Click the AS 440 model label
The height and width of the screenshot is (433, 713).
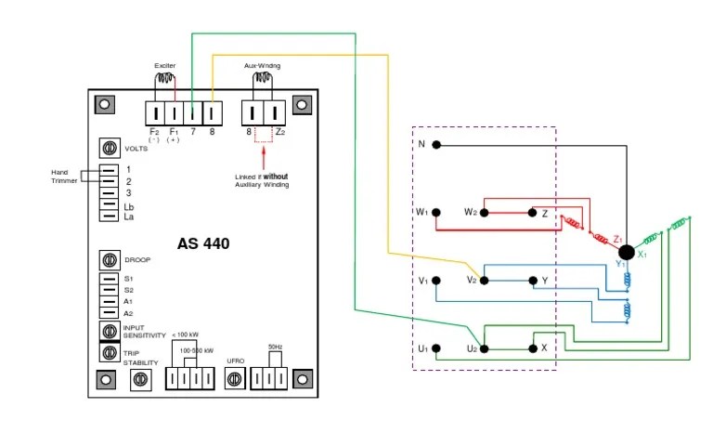click(x=203, y=244)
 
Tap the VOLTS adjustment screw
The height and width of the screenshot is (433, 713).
click(x=108, y=149)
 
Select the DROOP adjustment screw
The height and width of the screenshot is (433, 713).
click(x=108, y=260)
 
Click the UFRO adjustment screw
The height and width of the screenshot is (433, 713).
click(x=235, y=379)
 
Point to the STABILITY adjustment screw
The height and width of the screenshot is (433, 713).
click(x=141, y=379)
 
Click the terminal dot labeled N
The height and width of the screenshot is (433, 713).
click(x=436, y=145)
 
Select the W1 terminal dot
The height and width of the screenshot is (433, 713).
click(x=436, y=213)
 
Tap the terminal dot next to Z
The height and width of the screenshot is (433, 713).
click(x=532, y=213)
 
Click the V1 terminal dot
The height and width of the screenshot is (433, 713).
click(x=436, y=281)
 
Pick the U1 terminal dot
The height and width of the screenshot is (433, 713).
click(x=436, y=349)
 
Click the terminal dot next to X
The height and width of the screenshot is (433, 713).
click(x=532, y=349)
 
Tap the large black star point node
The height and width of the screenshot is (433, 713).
click(x=626, y=252)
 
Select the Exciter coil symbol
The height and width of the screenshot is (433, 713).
click(x=165, y=79)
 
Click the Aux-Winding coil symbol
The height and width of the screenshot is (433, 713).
click(x=261, y=79)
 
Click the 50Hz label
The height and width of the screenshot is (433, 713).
click(x=275, y=347)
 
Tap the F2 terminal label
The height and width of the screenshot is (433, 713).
click(x=154, y=132)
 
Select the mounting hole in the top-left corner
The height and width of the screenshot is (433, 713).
click(x=106, y=105)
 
